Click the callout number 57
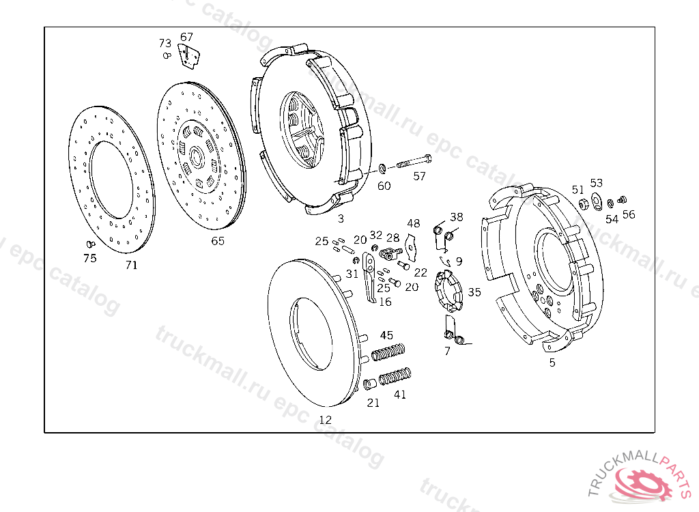[419, 176]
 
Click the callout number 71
[131, 265]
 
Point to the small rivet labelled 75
[89, 244]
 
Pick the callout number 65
[217, 241]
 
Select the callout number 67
[186, 37]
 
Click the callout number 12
[326, 420]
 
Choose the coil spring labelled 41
[395, 377]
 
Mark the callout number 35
[474, 292]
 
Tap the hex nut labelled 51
[584, 203]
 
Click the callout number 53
[597, 183]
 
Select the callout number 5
[552, 362]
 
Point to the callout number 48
[414, 224]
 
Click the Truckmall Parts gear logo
[646, 483]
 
